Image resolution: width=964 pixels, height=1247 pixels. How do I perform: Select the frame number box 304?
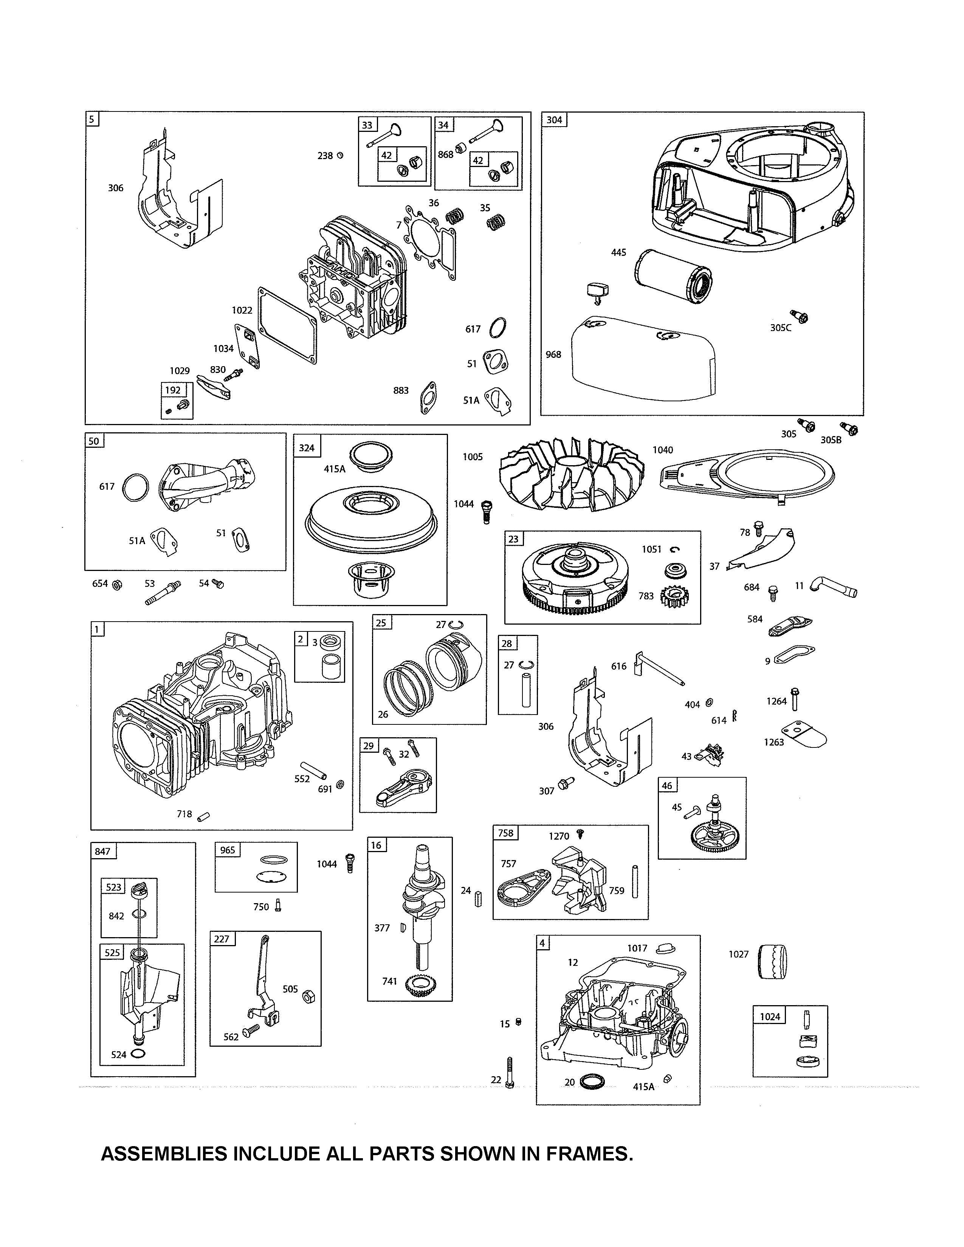click(554, 120)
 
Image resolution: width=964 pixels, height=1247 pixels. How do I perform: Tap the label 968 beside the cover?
click(553, 354)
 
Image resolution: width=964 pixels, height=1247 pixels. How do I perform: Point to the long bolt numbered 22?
click(510, 1074)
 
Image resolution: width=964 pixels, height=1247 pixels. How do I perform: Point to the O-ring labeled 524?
click(138, 1054)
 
